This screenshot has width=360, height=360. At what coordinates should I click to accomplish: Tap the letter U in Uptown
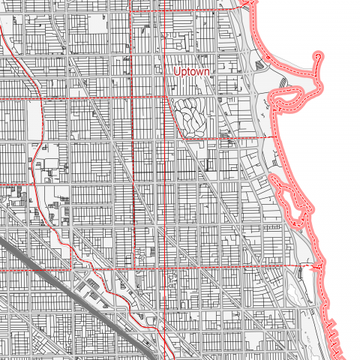[x=176, y=71]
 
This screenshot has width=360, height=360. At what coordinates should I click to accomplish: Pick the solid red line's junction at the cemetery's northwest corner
[x=166, y=97]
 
